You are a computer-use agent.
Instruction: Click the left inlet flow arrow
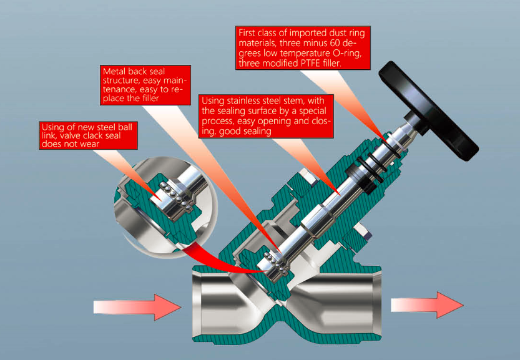pyautogui.click(x=137, y=308)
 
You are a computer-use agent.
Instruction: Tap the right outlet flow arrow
pyautogui.click(x=427, y=305)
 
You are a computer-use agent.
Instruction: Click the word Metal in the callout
pyautogui.click(x=114, y=72)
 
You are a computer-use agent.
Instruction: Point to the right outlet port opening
pyautogui.click(x=373, y=303)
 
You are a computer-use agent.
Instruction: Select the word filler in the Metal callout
pyautogui.click(x=150, y=98)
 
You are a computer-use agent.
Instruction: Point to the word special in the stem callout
pyautogui.click(x=312, y=110)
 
